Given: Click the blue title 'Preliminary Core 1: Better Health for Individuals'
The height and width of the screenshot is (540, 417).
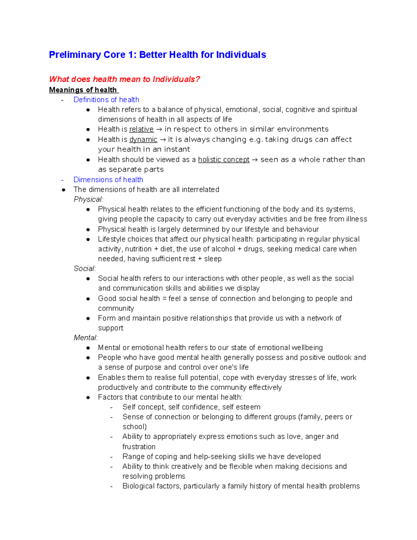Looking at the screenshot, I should tap(157, 55).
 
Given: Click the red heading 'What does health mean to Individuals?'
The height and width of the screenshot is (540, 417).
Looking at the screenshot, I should tap(124, 79).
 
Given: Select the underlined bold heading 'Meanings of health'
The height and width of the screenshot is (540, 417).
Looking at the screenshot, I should tap(83, 90).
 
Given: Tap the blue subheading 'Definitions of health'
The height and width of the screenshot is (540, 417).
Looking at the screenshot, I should tap(106, 100).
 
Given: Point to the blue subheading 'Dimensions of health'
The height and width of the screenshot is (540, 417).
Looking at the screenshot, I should tap(108, 180).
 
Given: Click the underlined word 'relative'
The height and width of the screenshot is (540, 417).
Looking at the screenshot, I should tap(141, 129).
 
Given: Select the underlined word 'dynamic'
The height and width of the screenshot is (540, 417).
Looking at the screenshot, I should tap(143, 139).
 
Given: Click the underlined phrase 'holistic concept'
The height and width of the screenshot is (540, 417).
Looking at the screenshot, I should tap(223, 160).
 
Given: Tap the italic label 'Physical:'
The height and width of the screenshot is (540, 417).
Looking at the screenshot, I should tap(88, 199).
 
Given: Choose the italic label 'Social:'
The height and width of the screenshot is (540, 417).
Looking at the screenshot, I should tap(85, 268).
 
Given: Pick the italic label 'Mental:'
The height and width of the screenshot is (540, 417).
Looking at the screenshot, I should tap(86, 338).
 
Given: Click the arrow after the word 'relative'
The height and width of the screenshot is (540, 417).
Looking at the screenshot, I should tap(159, 129).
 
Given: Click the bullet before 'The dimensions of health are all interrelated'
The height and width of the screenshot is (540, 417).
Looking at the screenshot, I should tap(64, 190).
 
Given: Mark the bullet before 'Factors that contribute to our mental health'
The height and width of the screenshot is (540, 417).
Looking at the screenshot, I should tap(88, 397).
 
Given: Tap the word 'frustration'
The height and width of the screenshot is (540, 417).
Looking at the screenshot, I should tap(139, 447).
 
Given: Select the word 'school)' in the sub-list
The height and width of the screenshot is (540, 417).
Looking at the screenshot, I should tap(134, 427).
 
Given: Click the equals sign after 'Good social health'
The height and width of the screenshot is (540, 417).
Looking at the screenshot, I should tap(164, 299).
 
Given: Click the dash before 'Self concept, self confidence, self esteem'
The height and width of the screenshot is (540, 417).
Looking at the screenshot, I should tap(111, 408).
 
